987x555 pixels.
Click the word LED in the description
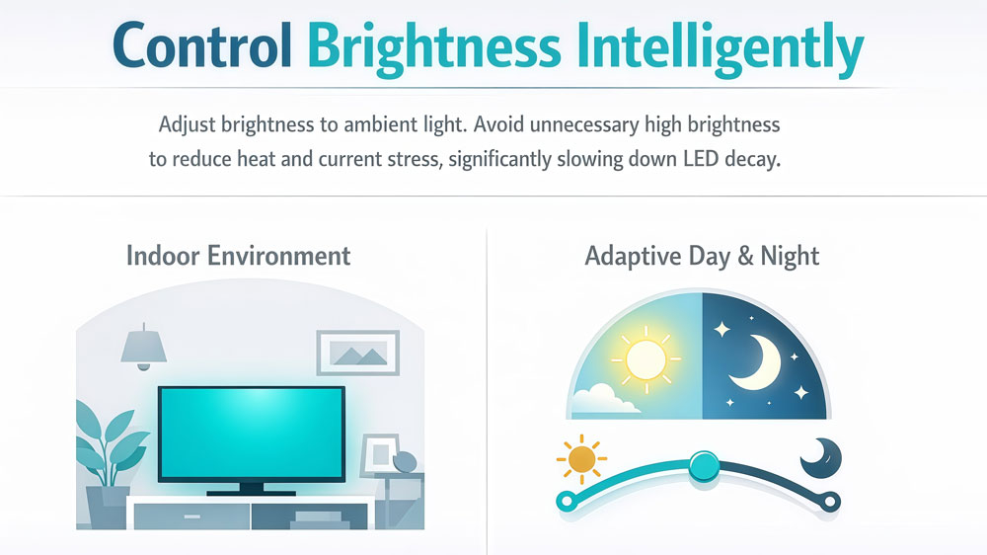694,159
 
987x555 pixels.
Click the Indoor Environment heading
238,256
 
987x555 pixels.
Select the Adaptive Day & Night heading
702,256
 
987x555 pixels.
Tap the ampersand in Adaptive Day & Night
743,257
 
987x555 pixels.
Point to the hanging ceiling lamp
143,347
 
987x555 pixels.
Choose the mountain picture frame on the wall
357,352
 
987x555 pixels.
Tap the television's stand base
252,489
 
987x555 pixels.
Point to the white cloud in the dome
601,399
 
